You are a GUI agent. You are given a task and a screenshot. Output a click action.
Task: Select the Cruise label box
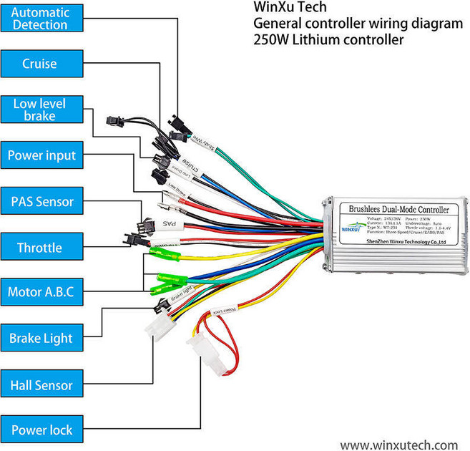click(x=40, y=64)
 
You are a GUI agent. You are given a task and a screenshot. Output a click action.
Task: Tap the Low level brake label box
click(x=40, y=110)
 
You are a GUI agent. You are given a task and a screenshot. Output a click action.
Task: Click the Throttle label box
click(x=40, y=248)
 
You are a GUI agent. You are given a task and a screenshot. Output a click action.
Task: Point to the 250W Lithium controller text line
click(x=328, y=39)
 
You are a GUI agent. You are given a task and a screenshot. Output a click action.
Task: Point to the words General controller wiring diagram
click(x=358, y=24)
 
